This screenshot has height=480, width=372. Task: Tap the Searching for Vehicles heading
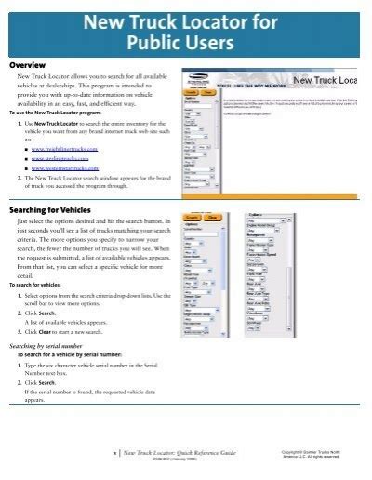coord(59,211)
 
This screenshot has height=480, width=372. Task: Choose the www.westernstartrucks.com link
coord(68,168)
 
